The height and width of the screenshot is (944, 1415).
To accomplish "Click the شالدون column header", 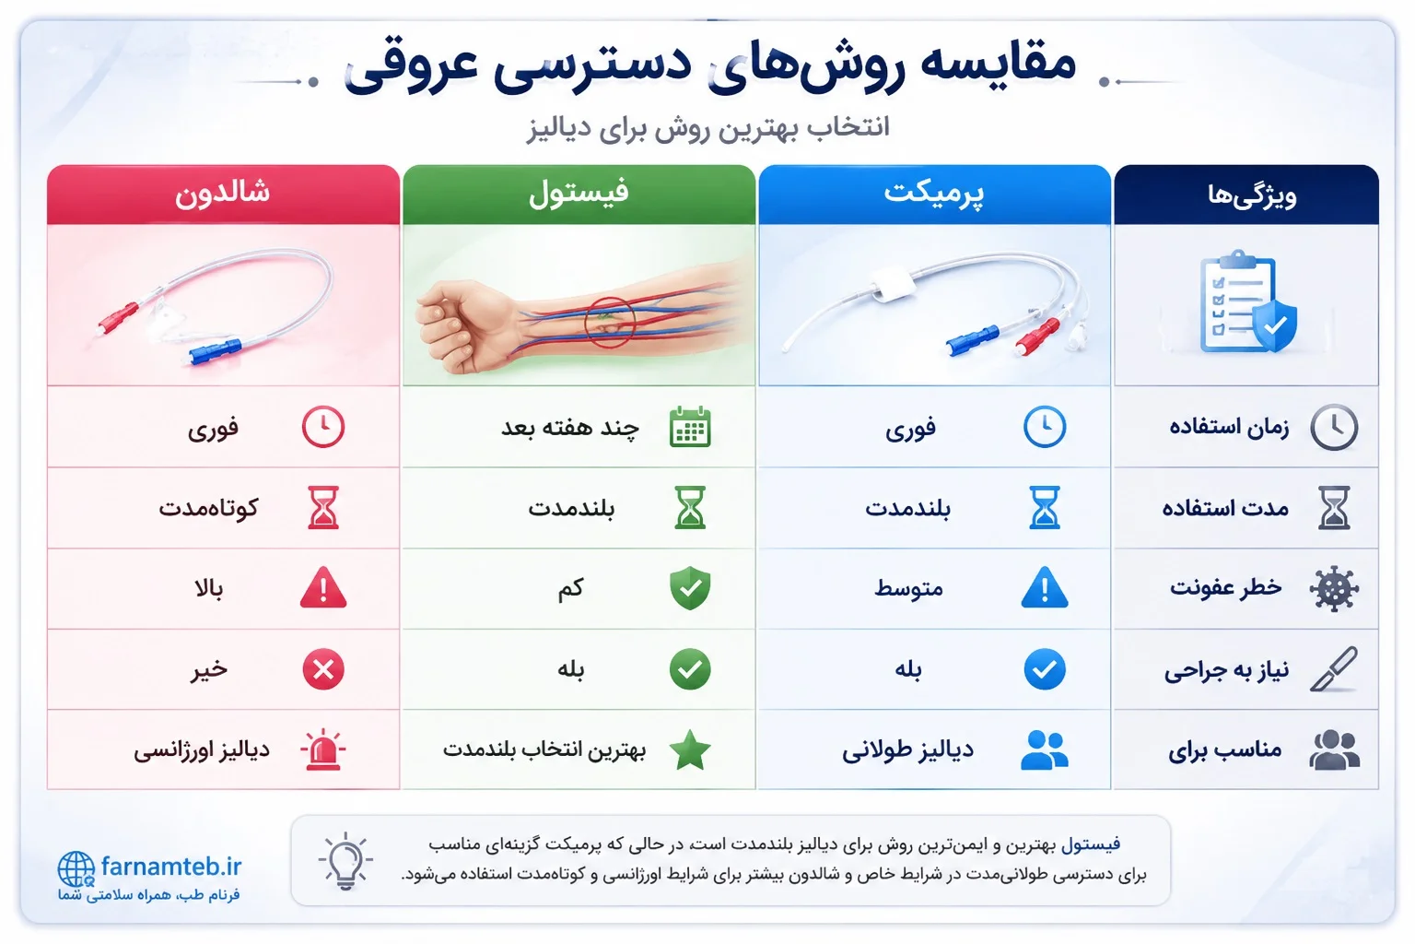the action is coord(223,195).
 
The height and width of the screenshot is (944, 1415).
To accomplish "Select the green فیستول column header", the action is coord(579,195).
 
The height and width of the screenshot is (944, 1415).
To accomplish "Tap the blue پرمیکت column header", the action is coord(934,195).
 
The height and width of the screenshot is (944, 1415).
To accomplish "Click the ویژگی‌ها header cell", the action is coord(1246,195).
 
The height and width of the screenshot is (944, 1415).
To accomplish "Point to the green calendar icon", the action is coord(690,428).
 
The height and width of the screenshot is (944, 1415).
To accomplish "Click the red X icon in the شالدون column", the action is coord(323,669).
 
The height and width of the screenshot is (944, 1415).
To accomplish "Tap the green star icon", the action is coord(690,749).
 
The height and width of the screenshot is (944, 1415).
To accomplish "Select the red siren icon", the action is coord(322,749).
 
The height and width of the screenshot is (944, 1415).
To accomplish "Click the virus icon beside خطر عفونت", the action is coord(1334,589).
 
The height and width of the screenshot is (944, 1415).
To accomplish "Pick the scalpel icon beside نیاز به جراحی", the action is coord(1334,669).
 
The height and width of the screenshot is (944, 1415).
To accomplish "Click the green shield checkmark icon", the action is coord(690,588).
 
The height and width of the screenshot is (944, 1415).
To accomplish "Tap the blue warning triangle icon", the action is coord(1044,588).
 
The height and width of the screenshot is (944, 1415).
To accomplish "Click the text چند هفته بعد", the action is coord(570,428).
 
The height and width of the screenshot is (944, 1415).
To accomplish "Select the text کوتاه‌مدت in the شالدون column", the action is coord(208,508).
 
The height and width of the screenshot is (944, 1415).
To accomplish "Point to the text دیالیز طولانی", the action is coord(907,749).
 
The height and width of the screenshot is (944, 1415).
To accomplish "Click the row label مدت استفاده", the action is coord(1225,508).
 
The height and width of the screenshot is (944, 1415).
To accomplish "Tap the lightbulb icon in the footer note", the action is coord(345,860).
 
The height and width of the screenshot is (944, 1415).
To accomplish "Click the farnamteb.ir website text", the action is coord(171,867).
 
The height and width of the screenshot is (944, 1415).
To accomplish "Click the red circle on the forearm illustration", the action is coord(610,323).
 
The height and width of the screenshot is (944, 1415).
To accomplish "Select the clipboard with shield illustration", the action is coord(1246,302).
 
